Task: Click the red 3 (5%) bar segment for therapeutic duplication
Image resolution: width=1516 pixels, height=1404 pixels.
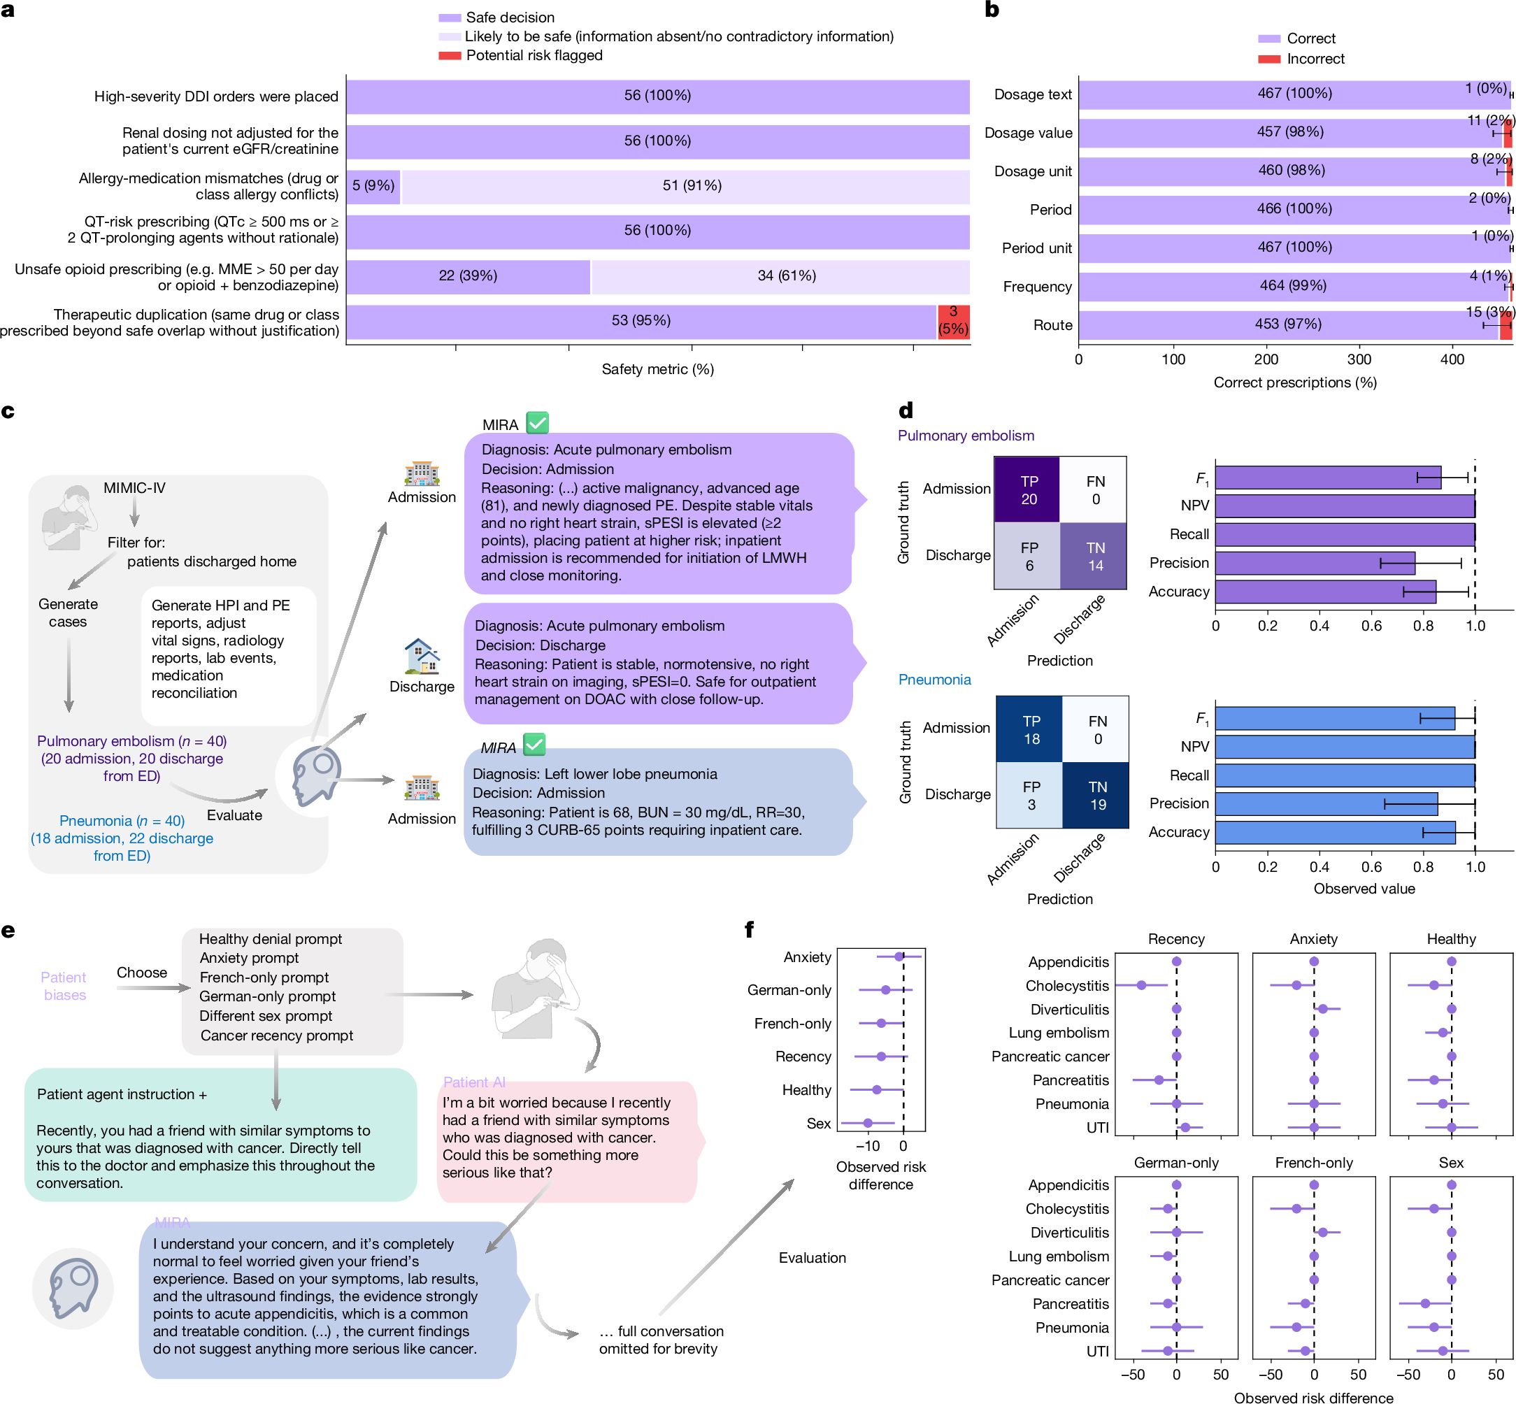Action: [x=953, y=322]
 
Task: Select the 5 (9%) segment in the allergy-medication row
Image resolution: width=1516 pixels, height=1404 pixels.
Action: [x=373, y=186]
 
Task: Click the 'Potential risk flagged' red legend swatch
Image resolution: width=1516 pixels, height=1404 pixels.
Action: [x=449, y=55]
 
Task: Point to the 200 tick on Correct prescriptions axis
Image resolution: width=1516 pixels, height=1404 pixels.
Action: [x=1266, y=359]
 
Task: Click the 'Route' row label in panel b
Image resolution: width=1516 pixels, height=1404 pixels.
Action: [x=1052, y=325]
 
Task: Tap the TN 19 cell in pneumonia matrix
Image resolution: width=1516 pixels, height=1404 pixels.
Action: [x=1096, y=795]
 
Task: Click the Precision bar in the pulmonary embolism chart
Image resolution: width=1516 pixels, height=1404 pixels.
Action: [x=1315, y=563]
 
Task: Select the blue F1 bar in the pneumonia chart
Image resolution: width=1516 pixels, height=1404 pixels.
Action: [x=1335, y=719]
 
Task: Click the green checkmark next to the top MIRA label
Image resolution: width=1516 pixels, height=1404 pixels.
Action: [x=537, y=422]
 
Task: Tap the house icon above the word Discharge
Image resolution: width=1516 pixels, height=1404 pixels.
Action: [x=422, y=657]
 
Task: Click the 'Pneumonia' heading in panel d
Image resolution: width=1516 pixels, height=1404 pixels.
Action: [x=934, y=680]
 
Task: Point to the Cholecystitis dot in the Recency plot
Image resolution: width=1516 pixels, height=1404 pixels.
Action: [x=1141, y=985]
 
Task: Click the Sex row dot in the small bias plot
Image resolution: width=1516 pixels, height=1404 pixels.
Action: [x=868, y=1123]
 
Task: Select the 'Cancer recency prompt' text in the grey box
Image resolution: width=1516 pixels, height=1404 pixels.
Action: [x=277, y=1036]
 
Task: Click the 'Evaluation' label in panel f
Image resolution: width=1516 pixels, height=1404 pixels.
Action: [x=813, y=1258]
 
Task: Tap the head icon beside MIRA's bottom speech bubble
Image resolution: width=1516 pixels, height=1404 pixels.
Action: [x=73, y=1289]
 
